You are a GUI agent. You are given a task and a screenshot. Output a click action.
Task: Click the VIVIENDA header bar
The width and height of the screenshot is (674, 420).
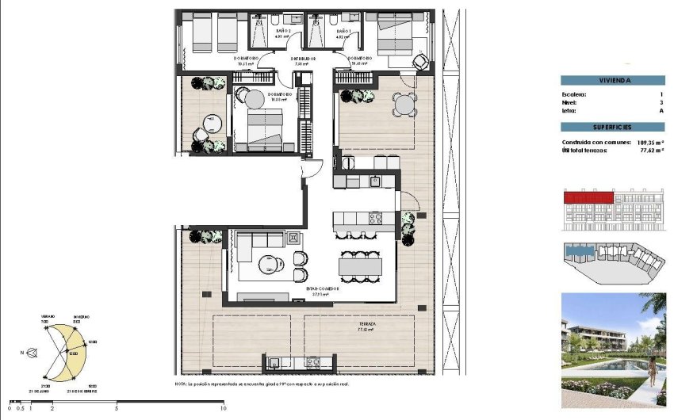tap(612, 80)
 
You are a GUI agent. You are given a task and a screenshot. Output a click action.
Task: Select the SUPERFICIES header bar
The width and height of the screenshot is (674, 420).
tap(612, 127)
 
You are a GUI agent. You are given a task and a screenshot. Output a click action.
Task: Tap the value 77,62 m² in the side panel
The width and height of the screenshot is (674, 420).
tap(650, 149)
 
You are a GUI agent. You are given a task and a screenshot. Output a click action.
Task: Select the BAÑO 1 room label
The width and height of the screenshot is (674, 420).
tap(343, 30)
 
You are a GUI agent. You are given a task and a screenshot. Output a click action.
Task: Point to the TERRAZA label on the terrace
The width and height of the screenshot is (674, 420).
tap(366, 325)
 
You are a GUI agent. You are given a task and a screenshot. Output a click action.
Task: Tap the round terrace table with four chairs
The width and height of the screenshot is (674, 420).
tap(404, 104)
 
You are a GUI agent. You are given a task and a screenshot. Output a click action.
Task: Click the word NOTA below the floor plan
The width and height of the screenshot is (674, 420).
tap(182, 384)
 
